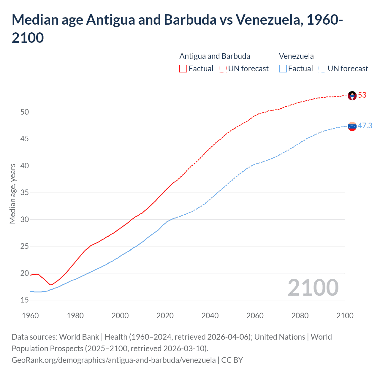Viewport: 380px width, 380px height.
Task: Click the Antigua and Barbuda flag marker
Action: click(x=352, y=96)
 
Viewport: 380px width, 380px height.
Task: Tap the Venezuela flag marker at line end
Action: click(x=352, y=126)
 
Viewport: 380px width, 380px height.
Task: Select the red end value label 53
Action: click(x=362, y=95)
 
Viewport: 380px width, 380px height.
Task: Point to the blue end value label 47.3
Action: click(x=365, y=126)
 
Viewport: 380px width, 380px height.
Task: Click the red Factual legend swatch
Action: click(x=183, y=69)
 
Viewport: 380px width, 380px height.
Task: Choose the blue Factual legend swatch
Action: click(x=283, y=69)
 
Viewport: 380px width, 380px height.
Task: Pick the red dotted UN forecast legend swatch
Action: click(x=223, y=69)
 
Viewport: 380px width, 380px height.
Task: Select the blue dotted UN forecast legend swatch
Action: click(x=322, y=69)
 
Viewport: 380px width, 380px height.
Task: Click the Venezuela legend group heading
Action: click(x=296, y=56)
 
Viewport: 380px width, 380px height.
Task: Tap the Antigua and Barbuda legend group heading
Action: click(x=215, y=56)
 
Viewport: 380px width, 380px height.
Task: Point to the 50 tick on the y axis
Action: click(x=25, y=112)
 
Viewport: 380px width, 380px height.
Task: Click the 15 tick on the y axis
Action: click(x=25, y=300)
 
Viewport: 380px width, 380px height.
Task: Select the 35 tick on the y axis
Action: click(x=25, y=193)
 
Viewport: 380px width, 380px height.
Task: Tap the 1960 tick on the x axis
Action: click(x=30, y=315)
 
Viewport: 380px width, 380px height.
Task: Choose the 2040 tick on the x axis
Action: click(x=210, y=315)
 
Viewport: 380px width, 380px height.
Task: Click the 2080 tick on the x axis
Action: click(x=300, y=315)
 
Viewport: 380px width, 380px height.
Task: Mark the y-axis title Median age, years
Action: click(x=12, y=194)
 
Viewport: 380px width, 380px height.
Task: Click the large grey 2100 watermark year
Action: click(x=313, y=287)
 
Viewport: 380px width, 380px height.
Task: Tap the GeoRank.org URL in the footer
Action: click(x=114, y=360)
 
